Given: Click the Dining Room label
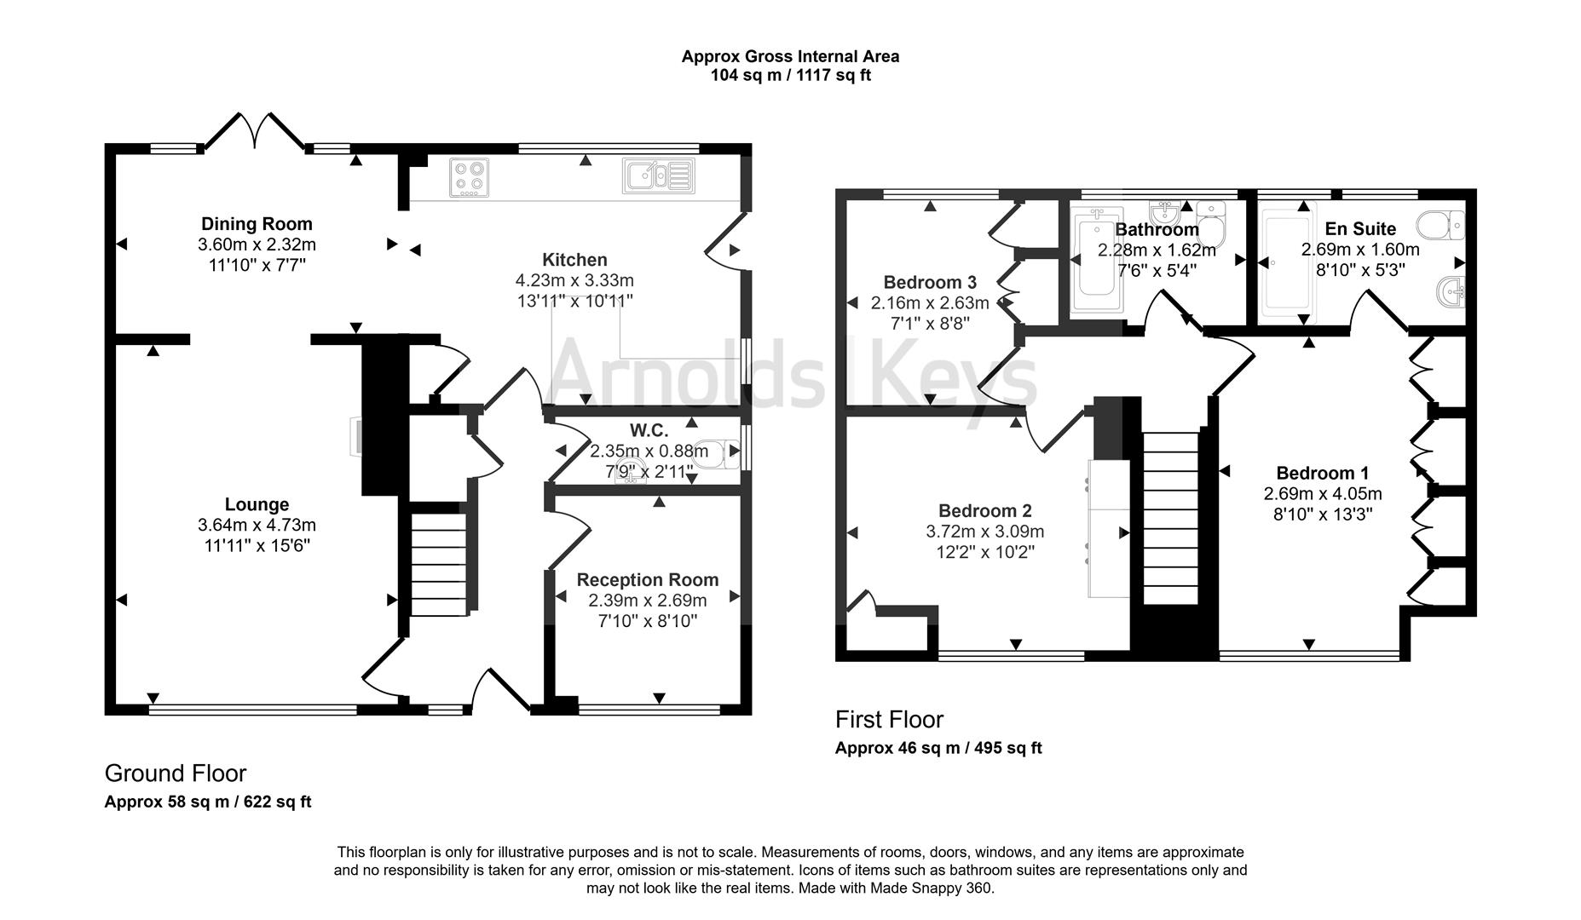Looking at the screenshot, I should (257, 224).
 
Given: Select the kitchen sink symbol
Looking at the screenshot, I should (658, 175).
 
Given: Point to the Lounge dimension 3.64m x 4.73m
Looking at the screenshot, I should (257, 526).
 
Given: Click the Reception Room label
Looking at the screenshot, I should (647, 580).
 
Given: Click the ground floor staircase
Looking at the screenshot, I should (438, 562).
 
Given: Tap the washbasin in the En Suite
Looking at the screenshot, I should (1451, 293).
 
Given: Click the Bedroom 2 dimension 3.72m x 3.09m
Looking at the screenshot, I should (984, 532).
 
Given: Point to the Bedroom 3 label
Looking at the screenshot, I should (929, 282).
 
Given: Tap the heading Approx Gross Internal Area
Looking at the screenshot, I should (790, 56).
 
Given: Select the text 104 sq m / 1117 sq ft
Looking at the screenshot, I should (790, 75).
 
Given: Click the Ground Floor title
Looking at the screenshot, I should (175, 773).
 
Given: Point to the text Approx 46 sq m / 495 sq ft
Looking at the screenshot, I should (938, 749).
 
